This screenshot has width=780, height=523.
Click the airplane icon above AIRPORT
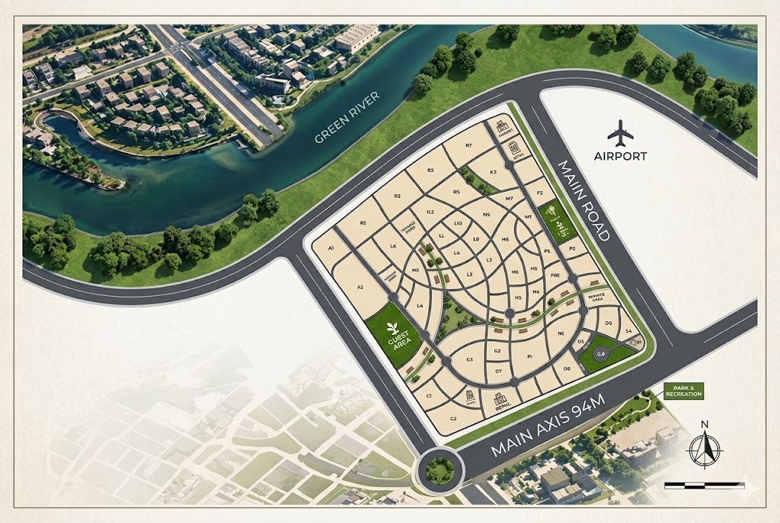621,134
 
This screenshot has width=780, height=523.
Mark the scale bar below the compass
705,484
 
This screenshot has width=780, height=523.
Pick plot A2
361,287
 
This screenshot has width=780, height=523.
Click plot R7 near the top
469,145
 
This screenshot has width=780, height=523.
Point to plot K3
492,174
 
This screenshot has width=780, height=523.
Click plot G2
497,351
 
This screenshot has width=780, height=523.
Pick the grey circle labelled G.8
600,353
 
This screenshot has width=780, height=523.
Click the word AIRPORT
621,156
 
